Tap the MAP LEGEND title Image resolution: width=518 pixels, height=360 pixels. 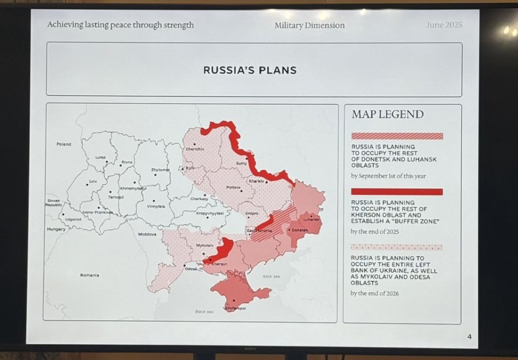387,114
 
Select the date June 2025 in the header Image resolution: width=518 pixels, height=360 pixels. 444,25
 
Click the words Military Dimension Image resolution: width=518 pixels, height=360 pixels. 309,25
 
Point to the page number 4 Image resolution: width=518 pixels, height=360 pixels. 469,337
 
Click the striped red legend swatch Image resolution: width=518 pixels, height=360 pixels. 397,136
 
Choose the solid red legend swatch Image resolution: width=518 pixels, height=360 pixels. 397,192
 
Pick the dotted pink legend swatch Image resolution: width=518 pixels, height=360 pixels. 397,247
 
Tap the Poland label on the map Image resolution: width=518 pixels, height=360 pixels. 64,144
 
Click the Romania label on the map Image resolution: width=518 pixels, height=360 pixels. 90,275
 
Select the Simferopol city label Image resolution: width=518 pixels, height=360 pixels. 235,308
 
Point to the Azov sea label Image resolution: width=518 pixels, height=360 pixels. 271,276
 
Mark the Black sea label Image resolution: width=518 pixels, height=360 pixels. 204,311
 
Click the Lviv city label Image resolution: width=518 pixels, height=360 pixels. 93,181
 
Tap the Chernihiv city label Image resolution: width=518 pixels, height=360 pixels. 193,149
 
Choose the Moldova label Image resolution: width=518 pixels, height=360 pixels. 147,234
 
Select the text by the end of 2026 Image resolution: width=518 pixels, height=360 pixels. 374,293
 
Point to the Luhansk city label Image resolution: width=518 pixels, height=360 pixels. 311,219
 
